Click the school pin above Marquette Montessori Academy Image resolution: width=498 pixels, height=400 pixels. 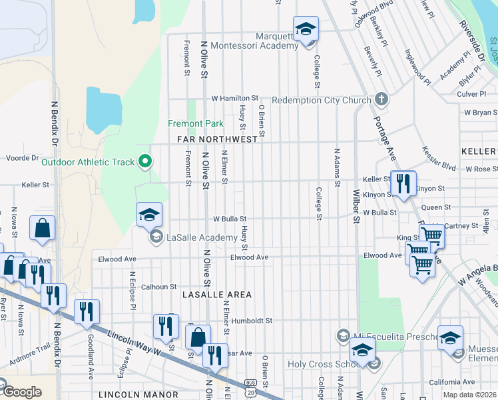tap(306, 29)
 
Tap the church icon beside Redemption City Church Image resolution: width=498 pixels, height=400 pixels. tap(381, 100)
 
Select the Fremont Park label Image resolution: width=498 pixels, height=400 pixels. tap(195, 123)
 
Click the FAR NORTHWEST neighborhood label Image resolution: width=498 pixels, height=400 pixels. tap(217, 139)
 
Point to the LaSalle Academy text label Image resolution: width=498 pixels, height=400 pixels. tap(202, 237)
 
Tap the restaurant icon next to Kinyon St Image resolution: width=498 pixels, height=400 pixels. tap(403, 184)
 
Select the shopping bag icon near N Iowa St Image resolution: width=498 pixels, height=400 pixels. tap(43, 229)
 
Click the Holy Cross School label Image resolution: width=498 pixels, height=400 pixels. tap(324, 364)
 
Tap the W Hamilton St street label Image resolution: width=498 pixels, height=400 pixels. tap(234, 98)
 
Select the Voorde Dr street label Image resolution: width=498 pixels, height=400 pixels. tap(19, 159)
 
